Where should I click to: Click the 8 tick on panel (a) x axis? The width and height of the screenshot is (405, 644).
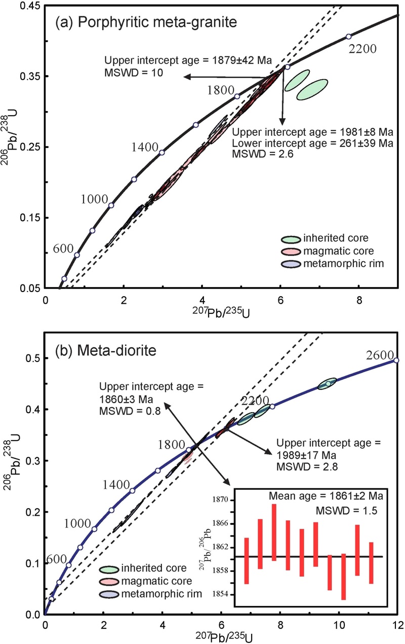[358, 300]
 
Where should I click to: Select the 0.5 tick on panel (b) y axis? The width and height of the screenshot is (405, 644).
[33, 358]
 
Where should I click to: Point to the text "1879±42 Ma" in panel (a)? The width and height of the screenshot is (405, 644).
[249, 60]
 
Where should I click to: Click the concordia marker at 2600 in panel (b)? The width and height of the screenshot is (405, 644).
[396, 360]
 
